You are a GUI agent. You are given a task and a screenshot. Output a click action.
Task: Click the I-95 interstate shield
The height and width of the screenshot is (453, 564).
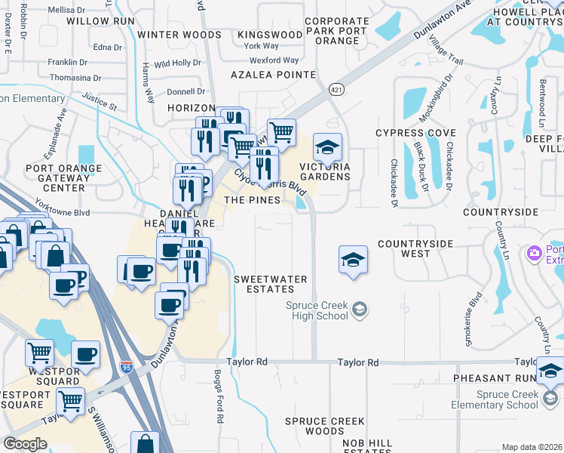[127, 368]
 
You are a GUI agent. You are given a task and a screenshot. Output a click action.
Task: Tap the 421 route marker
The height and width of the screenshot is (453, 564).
[336, 90]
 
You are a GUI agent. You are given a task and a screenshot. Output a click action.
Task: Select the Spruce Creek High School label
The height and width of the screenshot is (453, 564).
[318, 310]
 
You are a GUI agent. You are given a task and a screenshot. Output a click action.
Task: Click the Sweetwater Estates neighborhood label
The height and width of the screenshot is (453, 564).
[271, 284]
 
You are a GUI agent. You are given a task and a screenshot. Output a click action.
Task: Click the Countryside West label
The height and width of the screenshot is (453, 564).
[415, 248]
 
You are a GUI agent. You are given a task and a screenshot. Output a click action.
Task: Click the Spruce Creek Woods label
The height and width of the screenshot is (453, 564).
[325, 426]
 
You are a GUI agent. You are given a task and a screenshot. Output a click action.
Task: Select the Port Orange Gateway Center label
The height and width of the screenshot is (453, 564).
[63, 177]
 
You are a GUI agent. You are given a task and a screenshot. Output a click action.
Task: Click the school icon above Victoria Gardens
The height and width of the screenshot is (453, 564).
[327, 146]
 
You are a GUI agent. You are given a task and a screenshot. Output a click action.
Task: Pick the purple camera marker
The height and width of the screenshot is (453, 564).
[535, 252]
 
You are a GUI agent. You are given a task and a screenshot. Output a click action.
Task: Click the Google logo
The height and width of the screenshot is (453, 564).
[25, 444]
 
